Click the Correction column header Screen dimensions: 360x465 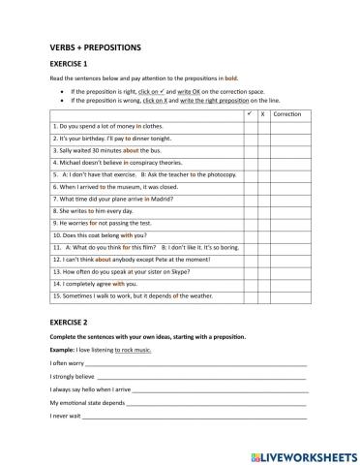tap(287, 114)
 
